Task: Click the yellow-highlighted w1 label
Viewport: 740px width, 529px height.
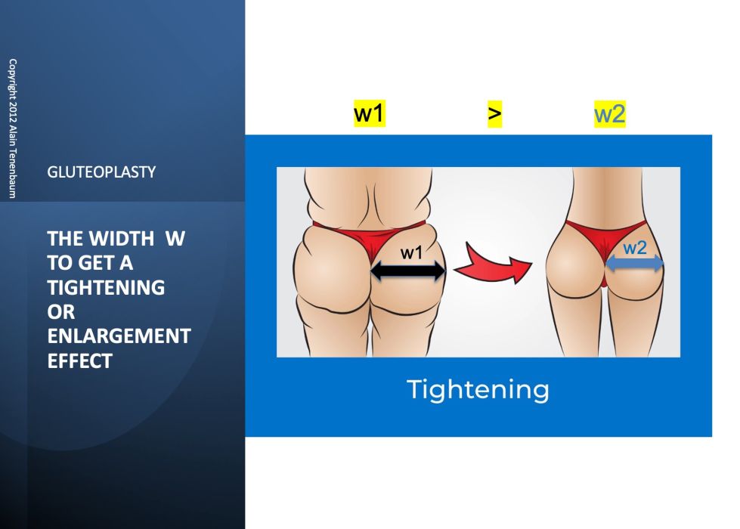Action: point(369,114)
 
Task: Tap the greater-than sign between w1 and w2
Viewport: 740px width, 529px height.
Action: point(494,114)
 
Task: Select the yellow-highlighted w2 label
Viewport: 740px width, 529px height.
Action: point(609,114)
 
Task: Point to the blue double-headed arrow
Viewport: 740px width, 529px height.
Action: point(635,263)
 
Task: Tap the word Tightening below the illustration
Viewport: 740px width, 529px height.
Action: point(478,390)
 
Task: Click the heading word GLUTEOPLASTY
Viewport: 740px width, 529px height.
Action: point(101,172)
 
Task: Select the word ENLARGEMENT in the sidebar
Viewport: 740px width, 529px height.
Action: point(119,336)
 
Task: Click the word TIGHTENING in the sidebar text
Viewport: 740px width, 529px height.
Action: point(106,287)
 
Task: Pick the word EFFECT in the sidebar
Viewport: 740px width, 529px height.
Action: point(79,361)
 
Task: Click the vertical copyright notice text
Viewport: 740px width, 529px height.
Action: point(11,128)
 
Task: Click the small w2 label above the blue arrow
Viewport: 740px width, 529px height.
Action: point(635,248)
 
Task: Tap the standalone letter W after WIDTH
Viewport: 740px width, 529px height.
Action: point(175,239)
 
